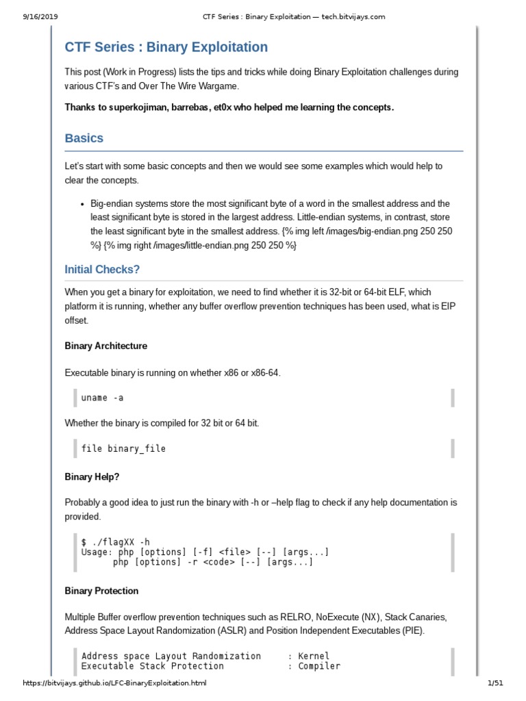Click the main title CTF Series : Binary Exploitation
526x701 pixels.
[x=166, y=47]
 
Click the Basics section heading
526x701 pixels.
[x=84, y=138]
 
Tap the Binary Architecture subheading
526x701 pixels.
[x=105, y=346]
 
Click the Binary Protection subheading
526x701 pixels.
[x=101, y=591]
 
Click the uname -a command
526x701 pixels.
[x=102, y=398]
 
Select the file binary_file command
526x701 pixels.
[x=123, y=449]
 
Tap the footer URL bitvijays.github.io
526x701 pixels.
[x=114, y=683]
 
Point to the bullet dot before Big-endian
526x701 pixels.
[x=82, y=204]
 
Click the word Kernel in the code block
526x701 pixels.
[x=314, y=656]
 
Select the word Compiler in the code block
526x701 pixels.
[x=319, y=666]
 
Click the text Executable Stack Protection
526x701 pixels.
[x=152, y=666]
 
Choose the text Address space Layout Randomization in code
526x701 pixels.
[x=171, y=656]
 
